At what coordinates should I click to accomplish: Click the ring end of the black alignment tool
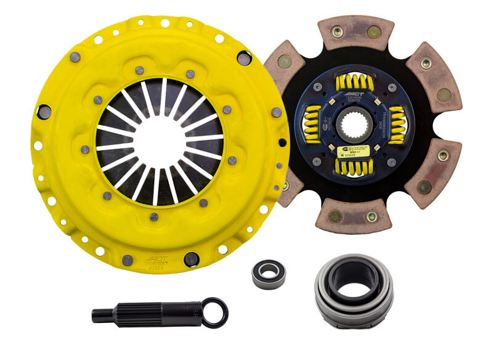click(214, 312)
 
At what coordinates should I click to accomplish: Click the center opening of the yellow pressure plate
click(160, 141)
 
